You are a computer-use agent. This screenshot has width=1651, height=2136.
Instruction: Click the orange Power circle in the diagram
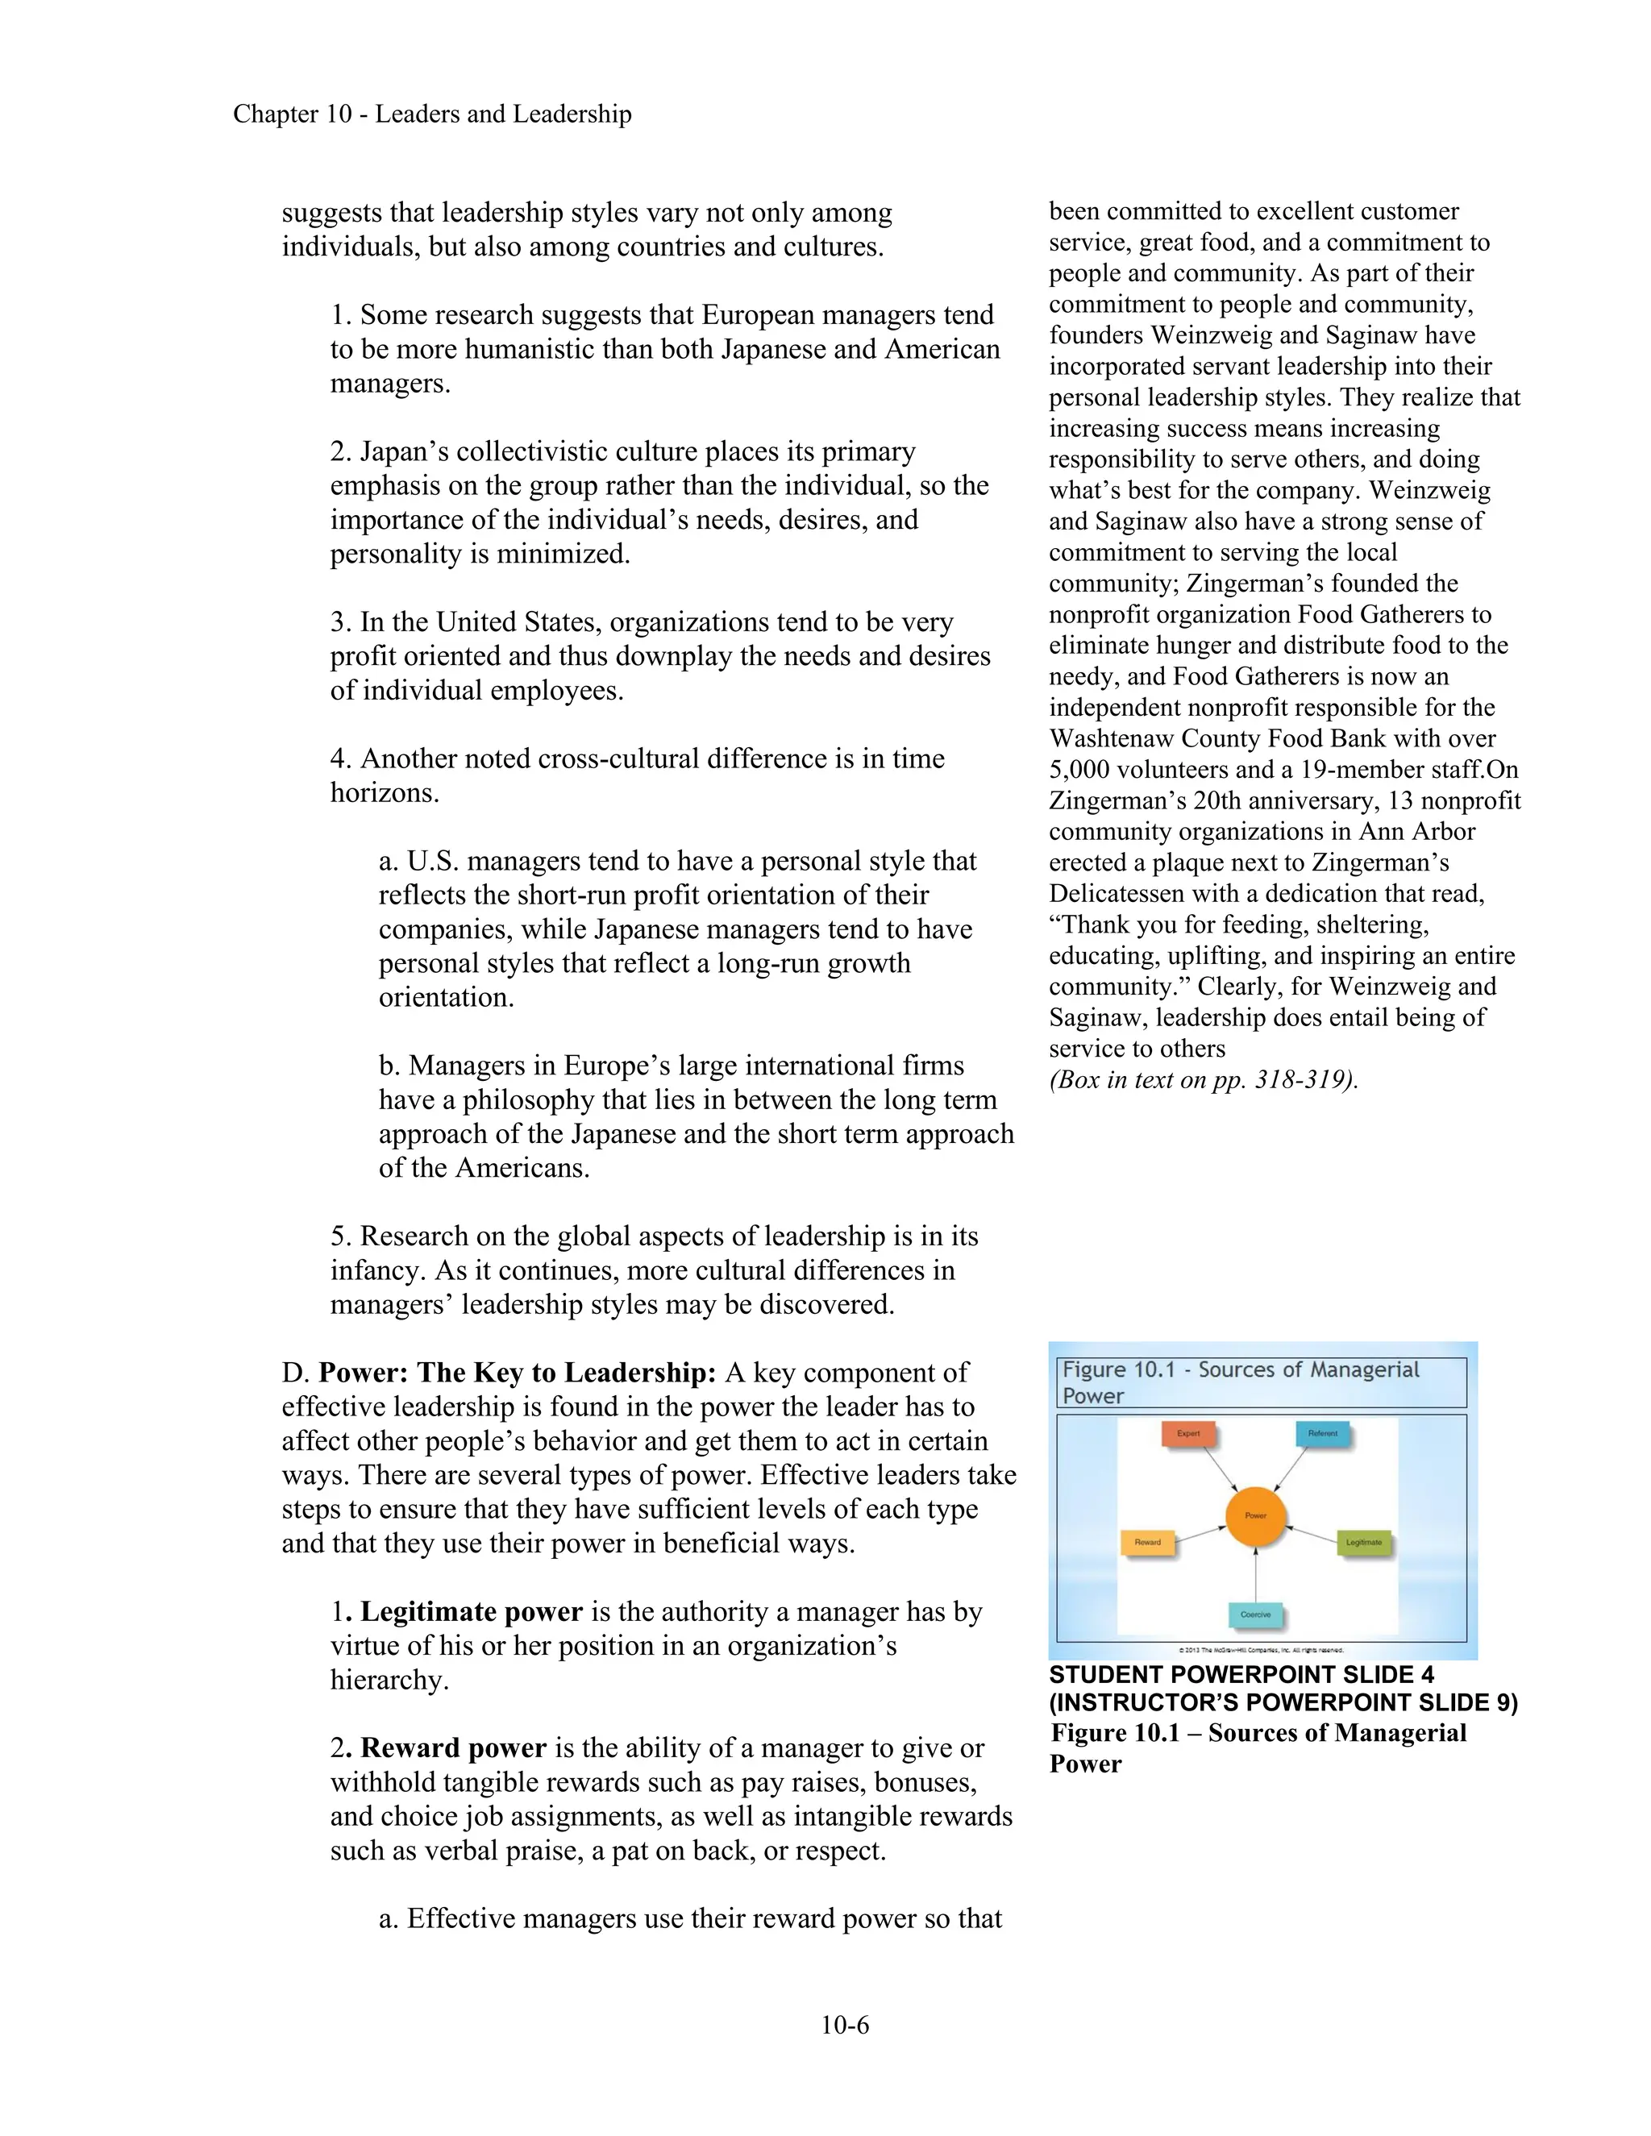pyautogui.click(x=1255, y=1516)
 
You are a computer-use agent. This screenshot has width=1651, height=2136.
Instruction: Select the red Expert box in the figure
pyautogui.click(x=1187, y=1434)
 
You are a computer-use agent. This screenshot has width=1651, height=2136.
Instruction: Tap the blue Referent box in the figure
pyautogui.click(x=1321, y=1434)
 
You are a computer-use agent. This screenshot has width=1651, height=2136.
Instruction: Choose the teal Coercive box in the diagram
pyautogui.click(x=1255, y=1614)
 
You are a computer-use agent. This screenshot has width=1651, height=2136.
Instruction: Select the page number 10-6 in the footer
pyautogui.click(x=844, y=2025)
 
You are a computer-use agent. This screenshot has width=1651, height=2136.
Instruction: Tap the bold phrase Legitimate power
pyautogui.click(x=471, y=1612)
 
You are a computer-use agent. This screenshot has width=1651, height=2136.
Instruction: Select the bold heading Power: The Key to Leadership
pyautogui.click(x=518, y=1373)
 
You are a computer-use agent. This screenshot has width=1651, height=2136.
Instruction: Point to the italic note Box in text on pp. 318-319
pyautogui.click(x=1203, y=1080)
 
